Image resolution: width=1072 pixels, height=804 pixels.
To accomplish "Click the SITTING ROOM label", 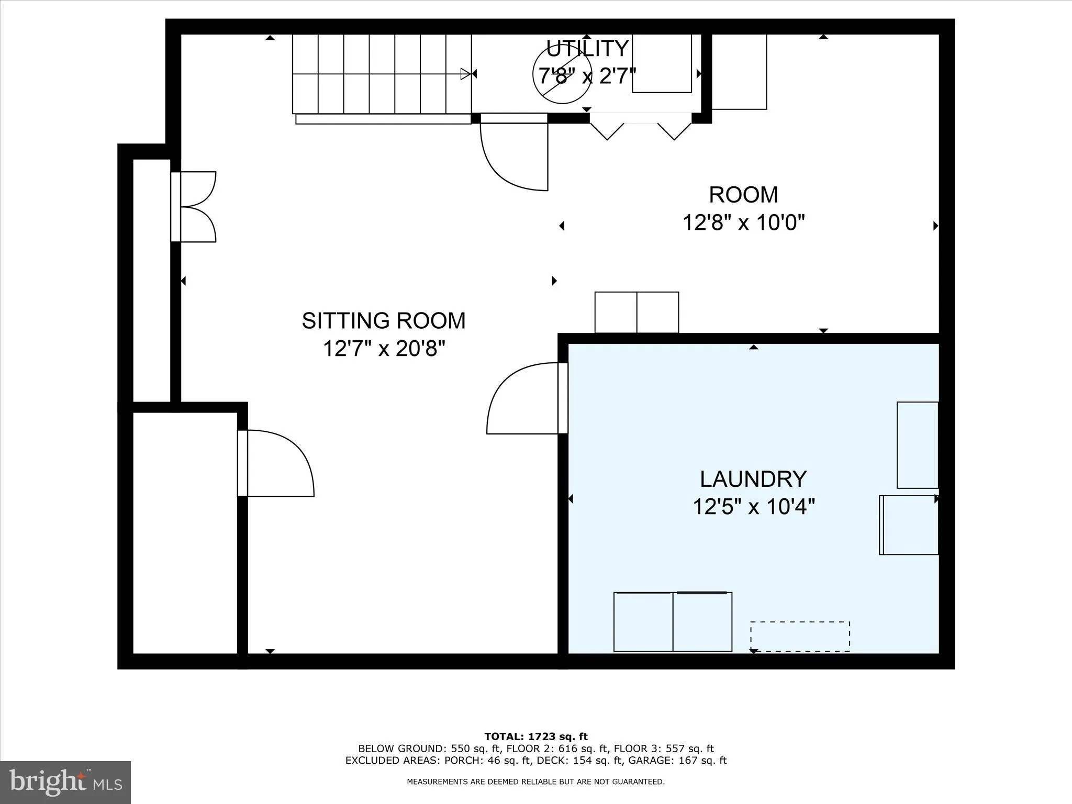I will click(x=383, y=321).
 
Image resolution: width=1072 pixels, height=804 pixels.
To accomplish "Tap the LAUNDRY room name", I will click(x=753, y=479).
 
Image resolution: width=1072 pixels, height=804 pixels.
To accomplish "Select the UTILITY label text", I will click(x=587, y=49).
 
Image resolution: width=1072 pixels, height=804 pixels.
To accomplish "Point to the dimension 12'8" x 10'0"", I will click(x=743, y=222).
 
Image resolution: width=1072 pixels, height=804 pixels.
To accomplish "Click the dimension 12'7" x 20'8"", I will click(x=383, y=348).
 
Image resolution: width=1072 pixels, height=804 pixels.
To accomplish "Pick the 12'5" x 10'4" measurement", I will click(x=753, y=507).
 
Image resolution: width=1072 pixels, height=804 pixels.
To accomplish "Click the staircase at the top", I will click(x=382, y=74).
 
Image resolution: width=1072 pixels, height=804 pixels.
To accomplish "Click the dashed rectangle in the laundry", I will click(x=799, y=636).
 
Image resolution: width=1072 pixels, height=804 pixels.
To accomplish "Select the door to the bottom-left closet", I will click(x=277, y=464).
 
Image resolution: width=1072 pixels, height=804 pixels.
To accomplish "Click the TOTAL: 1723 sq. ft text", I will click(x=535, y=736).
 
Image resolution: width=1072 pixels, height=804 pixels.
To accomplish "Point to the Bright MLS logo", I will click(x=65, y=781).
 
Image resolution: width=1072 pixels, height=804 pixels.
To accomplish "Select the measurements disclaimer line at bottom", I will click(x=535, y=782).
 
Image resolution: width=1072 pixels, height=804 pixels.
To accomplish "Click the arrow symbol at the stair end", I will click(x=465, y=74).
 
